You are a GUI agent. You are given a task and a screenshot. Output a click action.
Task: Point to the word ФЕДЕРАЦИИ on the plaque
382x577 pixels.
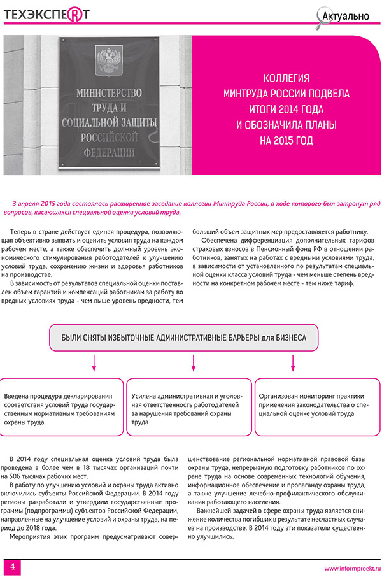click(x=106, y=150)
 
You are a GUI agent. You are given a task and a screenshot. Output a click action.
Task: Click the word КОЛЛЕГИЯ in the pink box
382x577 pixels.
click(x=286, y=78)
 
